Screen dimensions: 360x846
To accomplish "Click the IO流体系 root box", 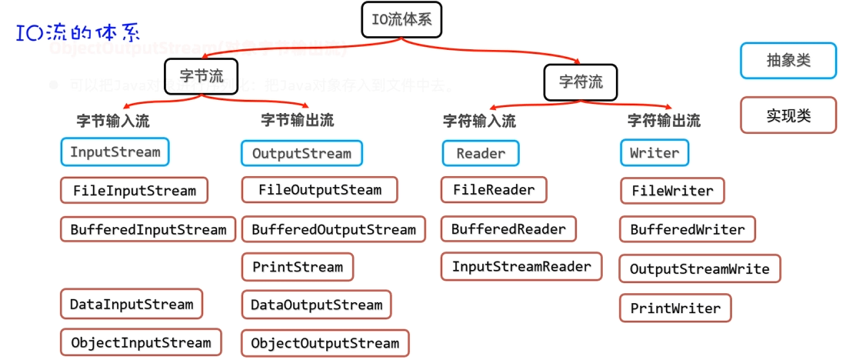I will [x=406, y=21].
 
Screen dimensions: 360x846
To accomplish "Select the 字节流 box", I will [x=202, y=76].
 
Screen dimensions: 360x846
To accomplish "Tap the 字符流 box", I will [x=581, y=82].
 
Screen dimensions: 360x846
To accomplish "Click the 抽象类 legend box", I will [x=788, y=61].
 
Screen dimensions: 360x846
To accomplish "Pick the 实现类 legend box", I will [x=788, y=115].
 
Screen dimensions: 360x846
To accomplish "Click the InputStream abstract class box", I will [x=115, y=152].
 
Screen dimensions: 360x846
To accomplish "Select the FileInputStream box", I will [x=134, y=190].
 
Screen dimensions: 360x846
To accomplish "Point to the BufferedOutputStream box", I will [x=333, y=229].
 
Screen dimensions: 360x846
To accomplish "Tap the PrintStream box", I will [x=297, y=267].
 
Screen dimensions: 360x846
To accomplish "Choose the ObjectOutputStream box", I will [x=325, y=343].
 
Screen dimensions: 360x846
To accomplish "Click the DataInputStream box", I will [x=131, y=304].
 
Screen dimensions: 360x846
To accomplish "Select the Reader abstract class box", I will [x=481, y=153].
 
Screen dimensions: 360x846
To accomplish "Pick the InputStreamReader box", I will [x=521, y=267].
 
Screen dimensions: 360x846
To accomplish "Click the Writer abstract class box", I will [x=654, y=153].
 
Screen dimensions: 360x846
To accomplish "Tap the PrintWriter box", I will [x=675, y=308].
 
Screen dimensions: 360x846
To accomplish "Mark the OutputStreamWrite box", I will [x=699, y=269].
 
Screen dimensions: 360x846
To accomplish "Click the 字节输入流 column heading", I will [x=113, y=121].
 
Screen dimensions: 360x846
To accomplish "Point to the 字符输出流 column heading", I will [x=664, y=121].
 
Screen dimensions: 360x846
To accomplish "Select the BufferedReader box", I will [x=508, y=229].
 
